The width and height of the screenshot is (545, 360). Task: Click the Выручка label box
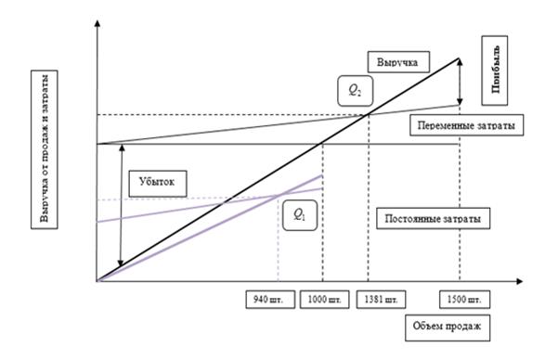[398, 62]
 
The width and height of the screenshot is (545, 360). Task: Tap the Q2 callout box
[356, 91]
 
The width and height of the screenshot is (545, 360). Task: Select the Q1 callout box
[300, 215]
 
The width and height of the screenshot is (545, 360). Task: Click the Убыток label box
[158, 184]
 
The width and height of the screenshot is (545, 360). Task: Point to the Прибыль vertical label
[495, 71]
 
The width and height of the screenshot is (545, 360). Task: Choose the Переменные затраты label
[466, 124]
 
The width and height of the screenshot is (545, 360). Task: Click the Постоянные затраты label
[433, 218]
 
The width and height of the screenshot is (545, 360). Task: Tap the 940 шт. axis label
[270, 299]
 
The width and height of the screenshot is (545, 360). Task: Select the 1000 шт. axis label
[324, 299]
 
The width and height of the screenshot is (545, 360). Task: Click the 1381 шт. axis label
[381, 299]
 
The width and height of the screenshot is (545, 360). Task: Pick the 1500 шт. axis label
[465, 299]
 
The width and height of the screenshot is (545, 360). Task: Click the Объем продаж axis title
[448, 328]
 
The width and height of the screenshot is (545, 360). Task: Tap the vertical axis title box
[45, 149]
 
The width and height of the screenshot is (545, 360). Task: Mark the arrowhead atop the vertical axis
[97, 23]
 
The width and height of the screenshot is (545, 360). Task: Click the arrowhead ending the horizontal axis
[519, 281]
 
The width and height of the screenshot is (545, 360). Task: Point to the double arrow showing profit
[460, 82]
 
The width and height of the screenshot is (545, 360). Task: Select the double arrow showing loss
[121, 205]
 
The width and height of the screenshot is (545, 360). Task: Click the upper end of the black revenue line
[460, 58]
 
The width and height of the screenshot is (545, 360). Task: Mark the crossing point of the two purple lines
[279, 196]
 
